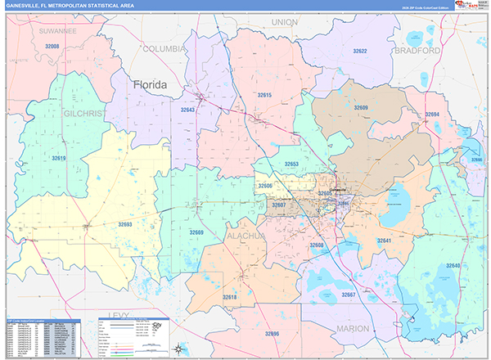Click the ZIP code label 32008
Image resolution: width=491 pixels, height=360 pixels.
coord(52,47)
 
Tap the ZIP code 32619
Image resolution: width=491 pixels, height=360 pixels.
coord(58,158)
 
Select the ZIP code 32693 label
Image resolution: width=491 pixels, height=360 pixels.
coord(124,224)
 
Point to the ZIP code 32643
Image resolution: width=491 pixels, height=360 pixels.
coord(188,109)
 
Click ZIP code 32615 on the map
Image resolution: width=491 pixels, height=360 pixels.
coord(264,96)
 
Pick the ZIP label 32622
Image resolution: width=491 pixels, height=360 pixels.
coord(359,52)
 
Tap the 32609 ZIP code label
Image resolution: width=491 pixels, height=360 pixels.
coord(361,108)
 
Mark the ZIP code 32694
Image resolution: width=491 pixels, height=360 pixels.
coord(432,115)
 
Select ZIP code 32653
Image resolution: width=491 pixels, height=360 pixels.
coord(291,164)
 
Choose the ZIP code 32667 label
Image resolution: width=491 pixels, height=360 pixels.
coord(349,295)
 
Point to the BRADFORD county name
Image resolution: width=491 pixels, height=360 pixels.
coord(416,50)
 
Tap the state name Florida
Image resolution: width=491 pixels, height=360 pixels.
coord(151,84)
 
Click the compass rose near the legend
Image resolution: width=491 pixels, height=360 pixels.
coord(178,349)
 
